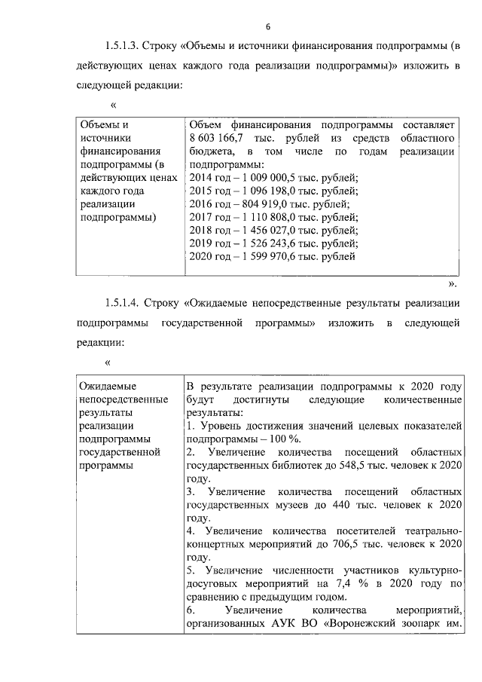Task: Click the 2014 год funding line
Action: pos(274,178)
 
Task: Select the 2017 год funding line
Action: pos(274,217)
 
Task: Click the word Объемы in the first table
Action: pos(100,125)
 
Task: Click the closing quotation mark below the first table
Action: pos(452,284)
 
